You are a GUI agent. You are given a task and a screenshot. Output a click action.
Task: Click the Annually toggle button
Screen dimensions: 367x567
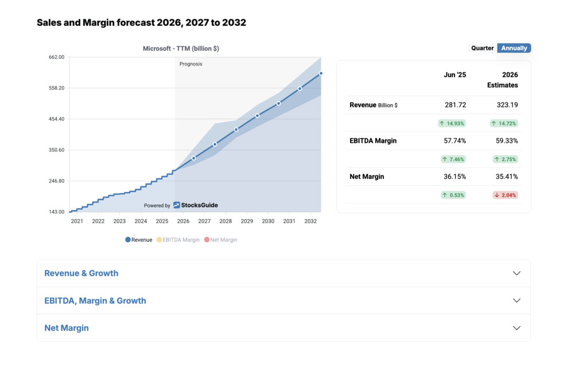point(514,48)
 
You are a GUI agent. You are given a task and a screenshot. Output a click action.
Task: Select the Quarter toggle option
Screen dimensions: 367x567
point(482,48)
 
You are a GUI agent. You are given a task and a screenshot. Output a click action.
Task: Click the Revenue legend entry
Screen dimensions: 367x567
point(138,240)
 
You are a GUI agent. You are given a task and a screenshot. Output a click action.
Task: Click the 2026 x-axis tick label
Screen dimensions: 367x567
point(183,221)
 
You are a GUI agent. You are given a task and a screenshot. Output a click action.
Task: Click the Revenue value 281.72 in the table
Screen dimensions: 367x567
point(455,105)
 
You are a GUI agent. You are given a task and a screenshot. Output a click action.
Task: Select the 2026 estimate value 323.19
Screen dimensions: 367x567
point(507,105)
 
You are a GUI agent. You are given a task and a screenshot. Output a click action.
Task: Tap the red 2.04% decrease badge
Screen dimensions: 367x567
point(505,195)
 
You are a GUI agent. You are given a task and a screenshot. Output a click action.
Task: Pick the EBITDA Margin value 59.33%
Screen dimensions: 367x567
point(507,140)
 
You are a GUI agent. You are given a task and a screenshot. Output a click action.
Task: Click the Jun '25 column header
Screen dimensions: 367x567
point(455,75)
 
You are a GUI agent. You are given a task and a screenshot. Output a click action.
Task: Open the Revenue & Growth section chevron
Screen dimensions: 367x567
point(516,274)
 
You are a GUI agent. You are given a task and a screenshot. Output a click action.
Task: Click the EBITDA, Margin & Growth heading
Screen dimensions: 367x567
point(95,300)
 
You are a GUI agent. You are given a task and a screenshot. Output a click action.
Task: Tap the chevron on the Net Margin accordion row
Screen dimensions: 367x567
point(516,328)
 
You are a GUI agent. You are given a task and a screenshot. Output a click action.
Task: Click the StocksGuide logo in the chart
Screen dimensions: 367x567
point(196,205)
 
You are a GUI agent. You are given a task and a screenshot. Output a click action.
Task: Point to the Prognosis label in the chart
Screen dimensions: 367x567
point(191,64)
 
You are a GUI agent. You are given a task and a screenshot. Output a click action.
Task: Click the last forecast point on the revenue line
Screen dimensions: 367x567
point(321,73)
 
